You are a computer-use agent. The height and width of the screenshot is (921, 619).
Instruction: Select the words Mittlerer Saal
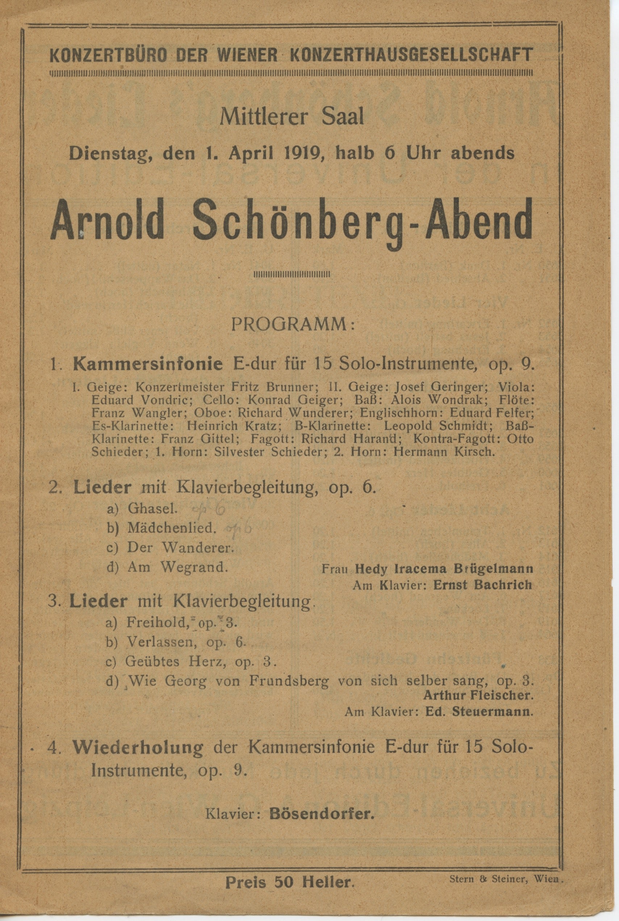[x=292, y=117]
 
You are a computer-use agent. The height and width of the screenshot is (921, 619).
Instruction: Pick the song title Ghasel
[x=151, y=509]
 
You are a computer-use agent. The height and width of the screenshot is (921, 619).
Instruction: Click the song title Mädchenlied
[x=171, y=528]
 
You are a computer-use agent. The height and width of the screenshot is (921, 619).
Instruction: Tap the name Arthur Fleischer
[x=479, y=695]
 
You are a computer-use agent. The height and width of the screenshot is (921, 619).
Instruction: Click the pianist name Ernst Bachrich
[x=482, y=585]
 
